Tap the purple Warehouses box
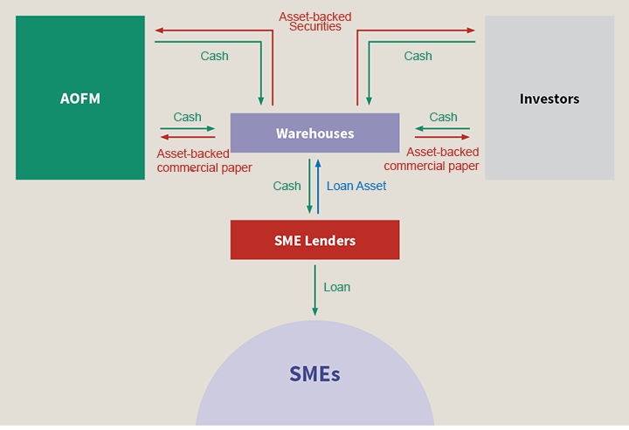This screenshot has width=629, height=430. [314, 133]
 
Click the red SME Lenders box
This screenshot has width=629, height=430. [314, 240]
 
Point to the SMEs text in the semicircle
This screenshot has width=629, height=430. [314, 375]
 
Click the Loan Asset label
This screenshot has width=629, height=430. [356, 186]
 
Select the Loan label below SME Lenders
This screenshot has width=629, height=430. [336, 287]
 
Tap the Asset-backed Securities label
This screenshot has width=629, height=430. [315, 21]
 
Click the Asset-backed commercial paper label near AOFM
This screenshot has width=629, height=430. [204, 160]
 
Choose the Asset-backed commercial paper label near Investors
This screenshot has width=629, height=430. [432, 159]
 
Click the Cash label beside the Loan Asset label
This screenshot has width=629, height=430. [287, 186]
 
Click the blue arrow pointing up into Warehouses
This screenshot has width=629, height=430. [319, 186]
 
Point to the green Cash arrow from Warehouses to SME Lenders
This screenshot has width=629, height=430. [309, 186]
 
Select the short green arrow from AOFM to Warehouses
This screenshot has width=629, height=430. [187, 129]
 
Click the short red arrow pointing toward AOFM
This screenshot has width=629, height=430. [187, 137]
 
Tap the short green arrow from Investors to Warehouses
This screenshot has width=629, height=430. [442, 129]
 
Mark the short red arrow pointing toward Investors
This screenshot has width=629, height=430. [442, 137]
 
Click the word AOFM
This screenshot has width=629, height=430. [79, 99]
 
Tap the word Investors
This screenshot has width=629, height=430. [549, 99]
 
